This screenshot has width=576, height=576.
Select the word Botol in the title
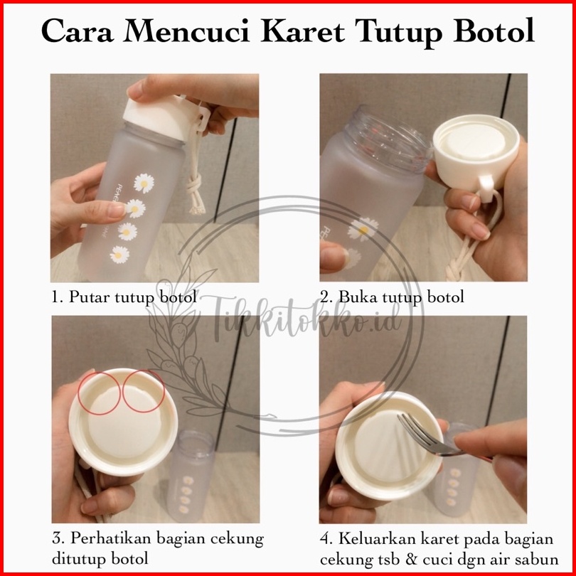[494, 31]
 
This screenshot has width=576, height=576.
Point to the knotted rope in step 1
[196, 173]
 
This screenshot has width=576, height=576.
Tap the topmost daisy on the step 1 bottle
[144, 183]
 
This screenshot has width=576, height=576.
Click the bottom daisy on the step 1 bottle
[119, 254]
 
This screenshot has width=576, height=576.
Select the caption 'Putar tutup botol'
[132, 297]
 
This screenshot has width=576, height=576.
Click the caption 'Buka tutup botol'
[401, 297]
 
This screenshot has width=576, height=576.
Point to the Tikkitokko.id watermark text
[306, 318]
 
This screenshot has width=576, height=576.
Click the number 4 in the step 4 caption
[326, 539]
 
